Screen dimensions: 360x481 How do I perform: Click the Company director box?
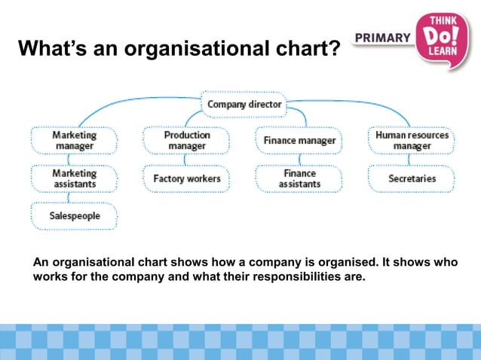(x=244, y=104)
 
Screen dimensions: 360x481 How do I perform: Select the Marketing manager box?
(x=74, y=140)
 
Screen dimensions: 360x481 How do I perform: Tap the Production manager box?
(x=186, y=140)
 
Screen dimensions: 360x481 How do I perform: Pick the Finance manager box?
(x=299, y=141)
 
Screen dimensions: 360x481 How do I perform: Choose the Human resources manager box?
(x=412, y=140)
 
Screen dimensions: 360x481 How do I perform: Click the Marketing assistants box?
(x=74, y=178)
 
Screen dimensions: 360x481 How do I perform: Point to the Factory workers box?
(x=186, y=178)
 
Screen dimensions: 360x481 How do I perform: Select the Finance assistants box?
(x=299, y=178)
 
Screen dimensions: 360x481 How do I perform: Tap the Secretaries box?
(x=412, y=178)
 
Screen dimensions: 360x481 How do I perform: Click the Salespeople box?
(x=74, y=216)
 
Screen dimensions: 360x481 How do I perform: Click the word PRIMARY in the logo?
(x=382, y=38)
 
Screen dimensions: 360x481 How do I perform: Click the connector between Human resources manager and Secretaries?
(x=412, y=160)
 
